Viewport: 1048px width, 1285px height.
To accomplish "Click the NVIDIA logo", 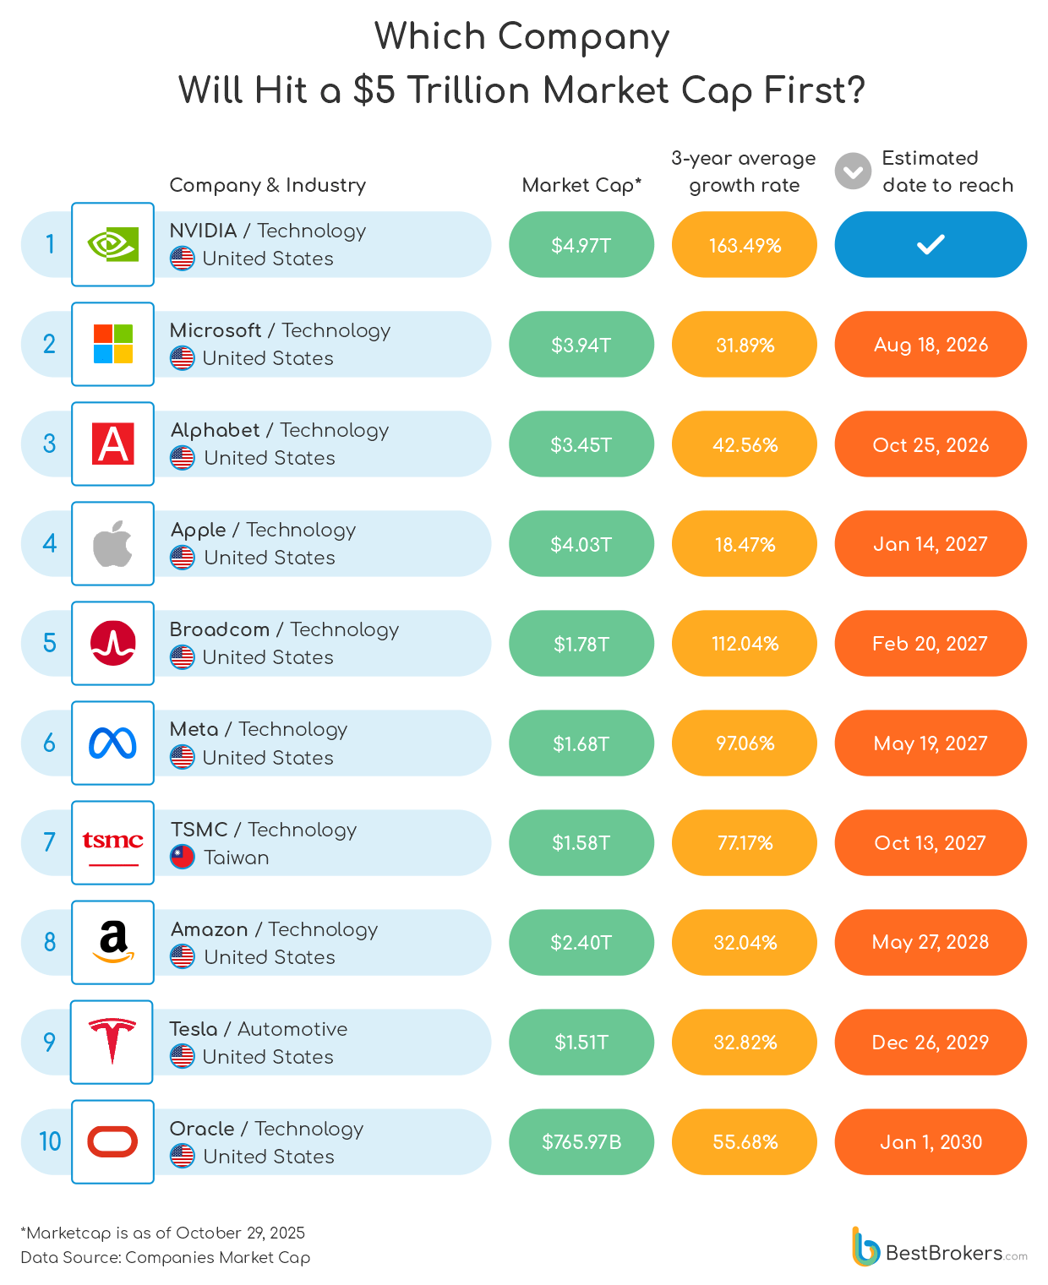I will (x=112, y=245).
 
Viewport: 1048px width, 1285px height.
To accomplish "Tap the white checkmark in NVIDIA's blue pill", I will (x=931, y=245).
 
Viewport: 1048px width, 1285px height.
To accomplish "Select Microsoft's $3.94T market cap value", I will (x=581, y=345).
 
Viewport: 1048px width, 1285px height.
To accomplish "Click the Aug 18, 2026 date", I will (x=931, y=345).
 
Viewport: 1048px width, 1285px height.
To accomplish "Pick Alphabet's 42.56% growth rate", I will (x=745, y=444).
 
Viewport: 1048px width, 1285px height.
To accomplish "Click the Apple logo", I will (x=112, y=543).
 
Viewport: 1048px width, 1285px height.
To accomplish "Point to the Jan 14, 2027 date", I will (x=931, y=544).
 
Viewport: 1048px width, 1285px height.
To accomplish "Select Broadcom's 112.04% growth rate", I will (x=745, y=644).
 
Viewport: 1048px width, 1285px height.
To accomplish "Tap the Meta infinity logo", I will (x=112, y=743).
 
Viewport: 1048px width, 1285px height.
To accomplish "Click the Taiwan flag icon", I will (x=183, y=857).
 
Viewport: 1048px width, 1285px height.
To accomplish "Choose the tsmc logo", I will (x=112, y=842).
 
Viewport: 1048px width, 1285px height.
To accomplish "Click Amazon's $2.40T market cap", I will (x=581, y=943).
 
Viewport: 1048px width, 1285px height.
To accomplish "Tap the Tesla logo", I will (x=112, y=1041).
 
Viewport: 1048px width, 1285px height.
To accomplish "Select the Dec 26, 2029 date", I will (x=931, y=1043).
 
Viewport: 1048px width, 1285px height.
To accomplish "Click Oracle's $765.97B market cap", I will (x=581, y=1142).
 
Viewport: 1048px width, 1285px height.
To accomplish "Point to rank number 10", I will (x=50, y=1142).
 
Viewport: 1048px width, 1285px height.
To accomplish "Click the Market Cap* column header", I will (x=581, y=185).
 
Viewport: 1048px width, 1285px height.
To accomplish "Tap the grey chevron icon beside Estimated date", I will (x=853, y=172).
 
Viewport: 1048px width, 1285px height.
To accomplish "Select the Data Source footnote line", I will (x=166, y=1257).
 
